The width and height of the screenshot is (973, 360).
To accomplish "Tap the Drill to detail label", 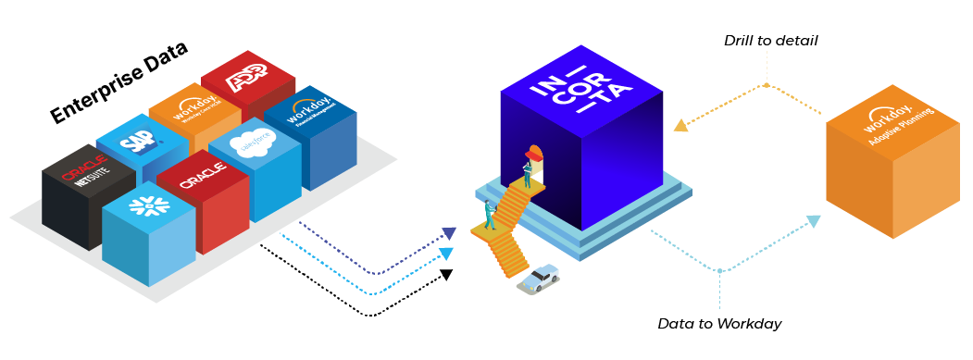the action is pyautogui.click(x=770, y=42).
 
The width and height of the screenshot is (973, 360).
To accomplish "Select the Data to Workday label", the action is pyautogui.click(x=719, y=324).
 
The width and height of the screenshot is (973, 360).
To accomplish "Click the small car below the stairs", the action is pyautogui.click(x=539, y=278).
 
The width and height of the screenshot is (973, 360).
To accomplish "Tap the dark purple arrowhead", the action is pyautogui.click(x=449, y=234).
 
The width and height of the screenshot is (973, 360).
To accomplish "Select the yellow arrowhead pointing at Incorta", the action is pyautogui.click(x=680, y=125).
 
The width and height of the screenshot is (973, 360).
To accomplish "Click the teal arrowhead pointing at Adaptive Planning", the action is pyautogui.click(x=813, y=221).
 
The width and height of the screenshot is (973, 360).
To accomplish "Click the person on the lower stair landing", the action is pyautogui.click(x=489, y=215).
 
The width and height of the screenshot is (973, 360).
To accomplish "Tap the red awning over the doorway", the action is pyautogui.click(x=532, y=151).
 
